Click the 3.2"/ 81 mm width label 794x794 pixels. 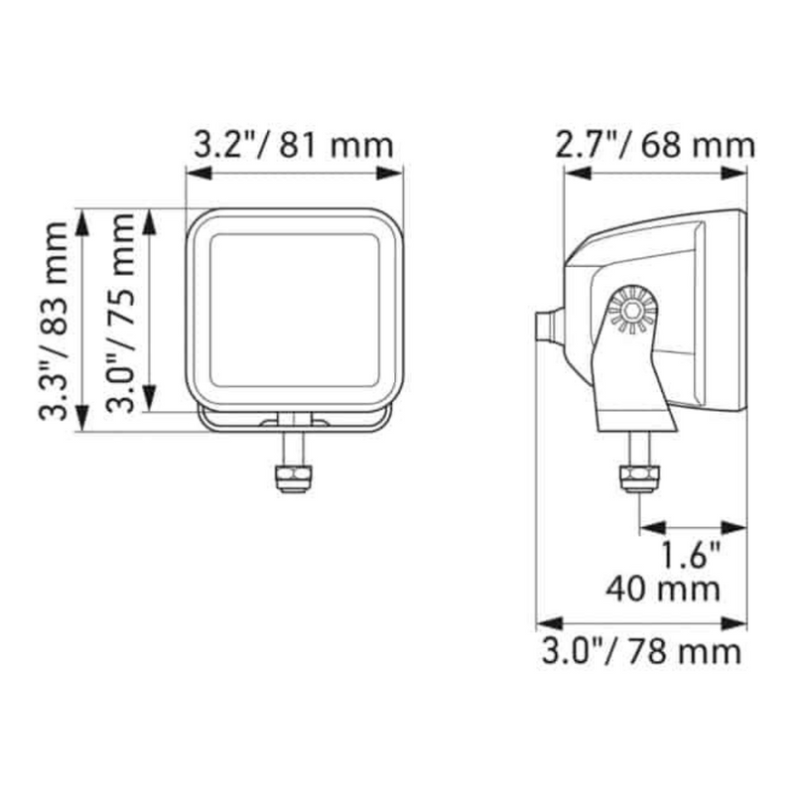tap(293, 145)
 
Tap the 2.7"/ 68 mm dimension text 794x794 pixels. tap(655, 145)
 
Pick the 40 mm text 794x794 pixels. tap(663, 589)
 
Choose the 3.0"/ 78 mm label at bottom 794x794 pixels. tap(640, 652)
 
